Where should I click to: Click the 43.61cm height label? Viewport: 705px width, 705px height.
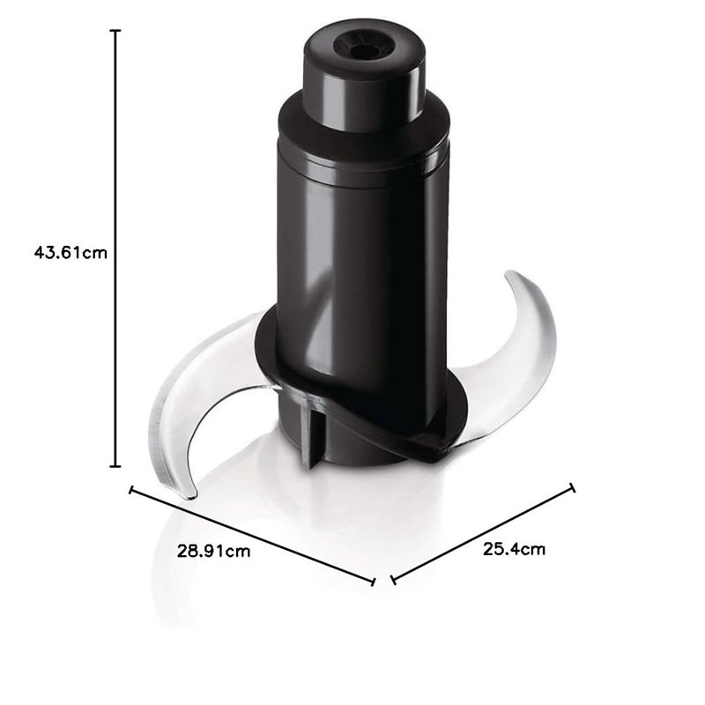[70, 252]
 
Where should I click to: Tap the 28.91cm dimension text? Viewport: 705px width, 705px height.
[214, 552]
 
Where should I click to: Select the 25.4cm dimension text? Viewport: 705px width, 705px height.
[514, 549]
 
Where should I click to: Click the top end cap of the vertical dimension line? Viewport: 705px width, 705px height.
[115, 30]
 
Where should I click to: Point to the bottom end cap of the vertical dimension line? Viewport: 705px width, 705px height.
[115, 467]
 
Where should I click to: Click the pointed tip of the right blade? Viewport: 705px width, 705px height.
[509, 278]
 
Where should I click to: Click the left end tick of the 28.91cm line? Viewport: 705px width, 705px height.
[132, 491]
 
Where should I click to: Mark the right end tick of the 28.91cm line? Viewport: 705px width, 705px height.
[374, 580]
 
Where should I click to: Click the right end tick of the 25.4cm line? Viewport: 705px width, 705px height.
[573, 486]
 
